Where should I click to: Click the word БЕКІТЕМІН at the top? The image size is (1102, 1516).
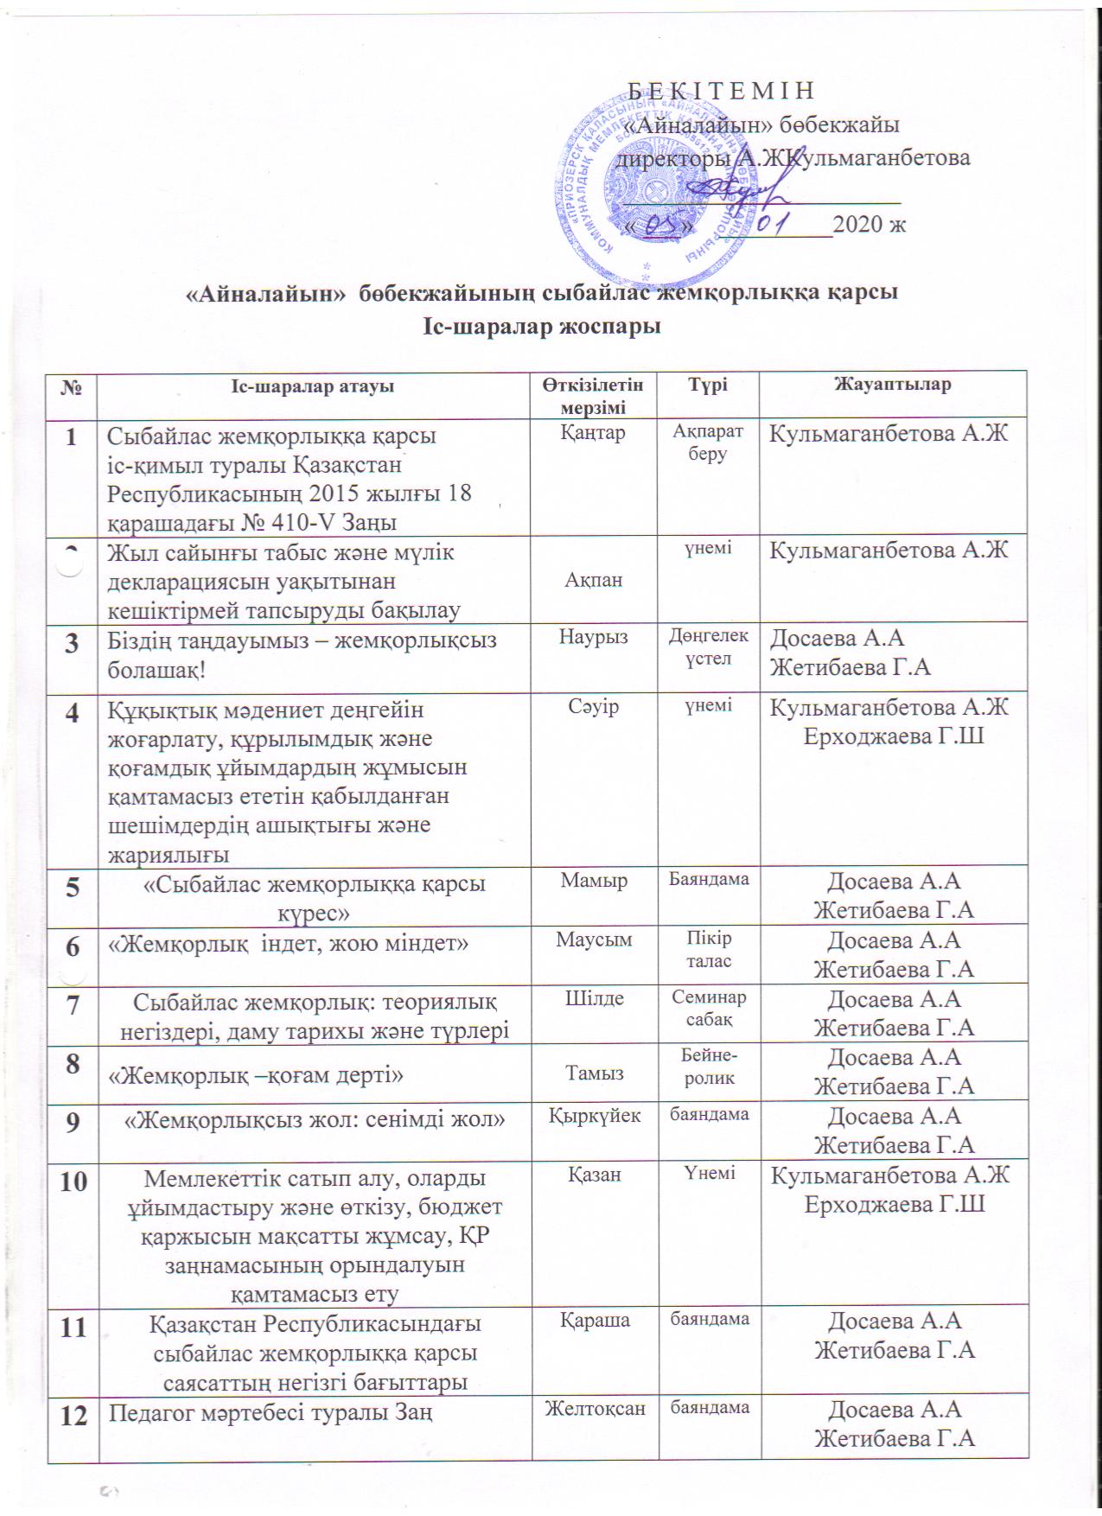tap(720, 91)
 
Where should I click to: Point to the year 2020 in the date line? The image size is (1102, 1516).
tap(869, 224)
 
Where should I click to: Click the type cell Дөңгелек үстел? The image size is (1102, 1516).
tap(707, 647)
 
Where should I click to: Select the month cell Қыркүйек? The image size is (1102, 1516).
tap(595, 1115)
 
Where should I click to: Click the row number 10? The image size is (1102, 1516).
tap(73, 1182)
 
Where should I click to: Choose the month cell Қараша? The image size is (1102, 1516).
tap(595, 1320)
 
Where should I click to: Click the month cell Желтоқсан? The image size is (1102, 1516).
tap(595, 1408)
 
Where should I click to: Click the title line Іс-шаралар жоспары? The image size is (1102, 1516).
tap(542, 328)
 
